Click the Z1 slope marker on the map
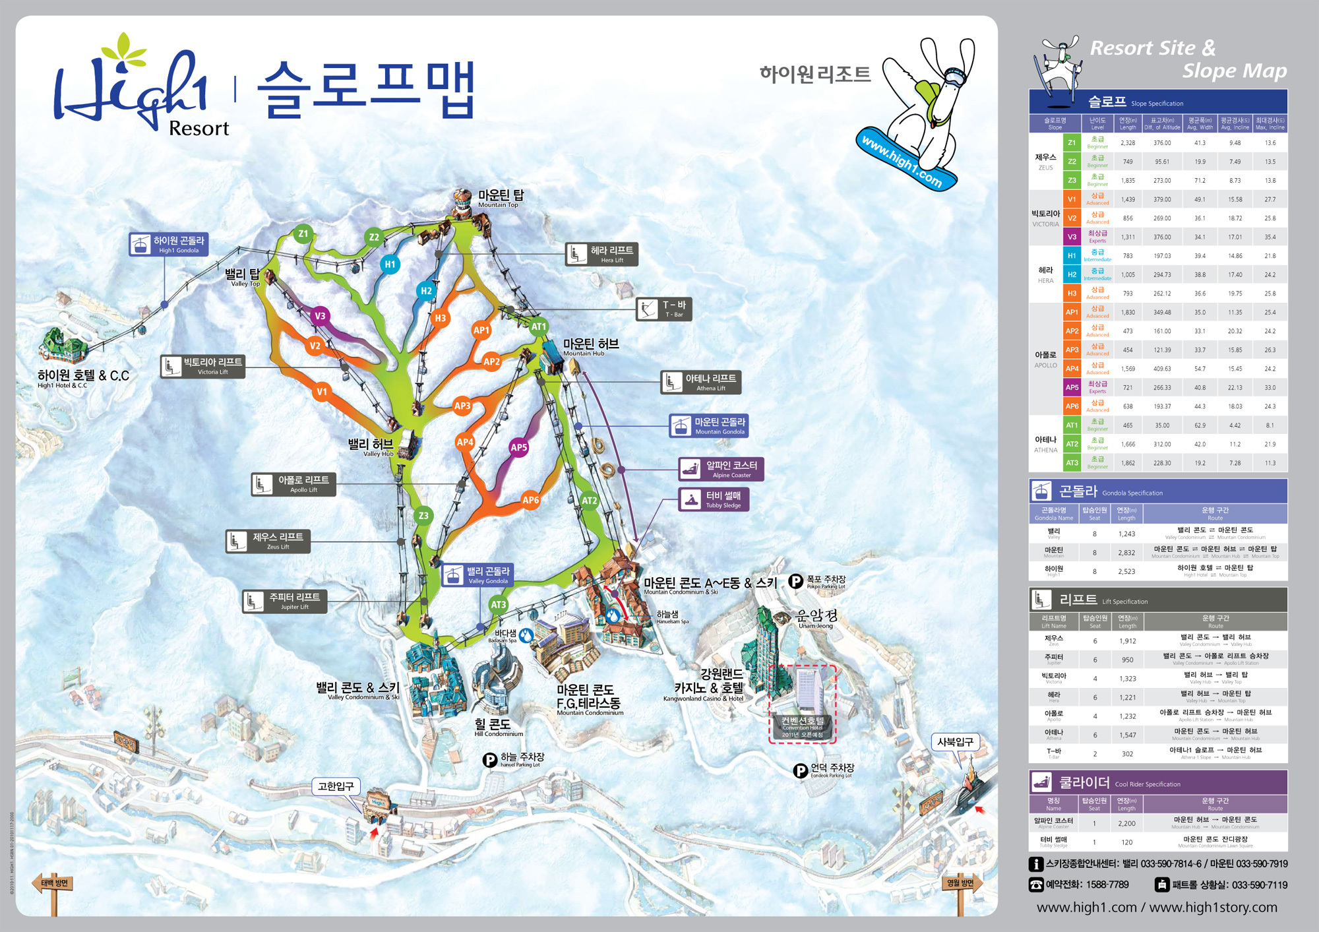(x=303, y=233)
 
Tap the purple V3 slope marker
(x=320, y=316)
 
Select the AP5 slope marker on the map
(x=519, y=447)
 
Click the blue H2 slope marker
(x=426, y=291)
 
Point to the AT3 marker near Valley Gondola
(x=498, y=605)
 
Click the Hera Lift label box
(x=601, y=254)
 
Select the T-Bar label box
(x=663, y=309)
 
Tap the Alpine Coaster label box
(x=721, y=469)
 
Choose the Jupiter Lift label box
(x=284, y=601)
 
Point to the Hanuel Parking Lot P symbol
(x=490, y=761)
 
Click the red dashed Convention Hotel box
(x=803, y=704)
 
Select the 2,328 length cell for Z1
(x=1128, y=143)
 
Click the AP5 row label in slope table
(x=1072, y=388)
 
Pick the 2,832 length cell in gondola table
(x=1126, y=553)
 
